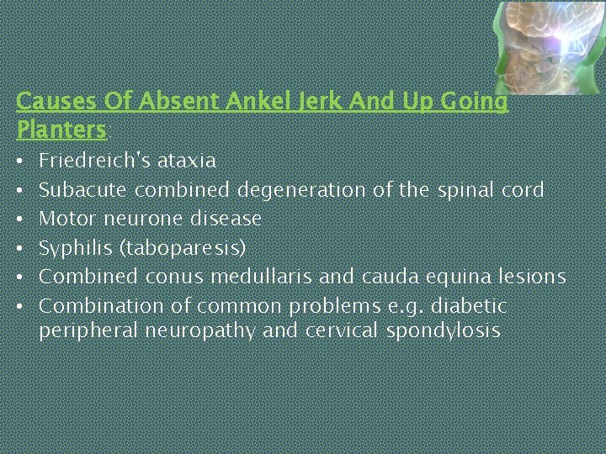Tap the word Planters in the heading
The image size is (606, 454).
pyautogui.click(x=61, y=130)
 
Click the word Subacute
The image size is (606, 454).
pyautogui.click(x=82, y=189)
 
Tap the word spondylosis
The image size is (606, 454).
pyautogui.click(x=443, y=331)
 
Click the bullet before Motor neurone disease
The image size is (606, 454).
pyautogui.click(x=21, y=219)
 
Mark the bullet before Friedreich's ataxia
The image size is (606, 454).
pyautogui.click(x=21, y=160)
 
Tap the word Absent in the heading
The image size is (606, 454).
pyautogui.click(x=172, y=102)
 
